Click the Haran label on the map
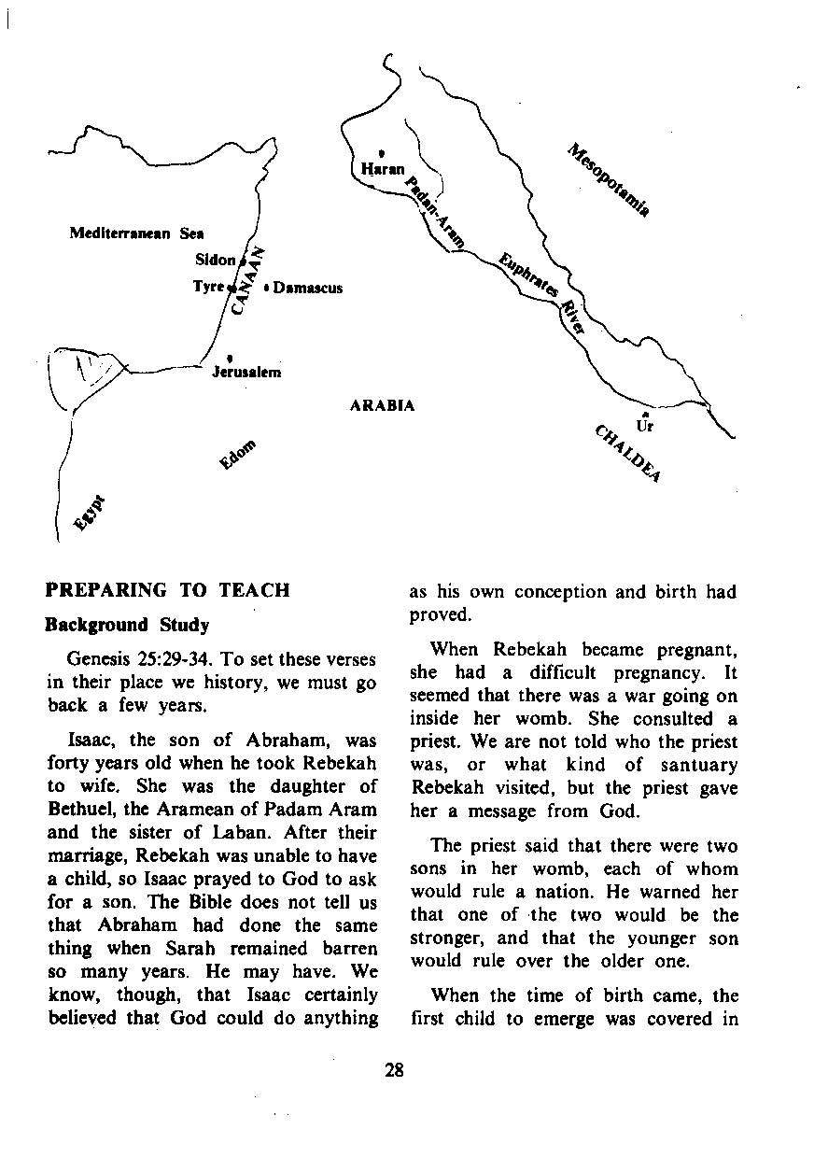[x=383, y=170]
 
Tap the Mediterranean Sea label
[x=137, y=233]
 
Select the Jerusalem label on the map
[x=246, y=372]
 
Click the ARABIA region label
[x=382, y=405]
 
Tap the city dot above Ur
[x=645, y=414]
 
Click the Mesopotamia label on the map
[x=608, y=180]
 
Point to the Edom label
[x=237, y=455]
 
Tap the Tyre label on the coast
[x=208, y=287]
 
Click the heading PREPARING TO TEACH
[x=168, y=590]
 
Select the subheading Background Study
[x=128, y=625]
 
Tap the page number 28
[x=394, y=1070]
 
